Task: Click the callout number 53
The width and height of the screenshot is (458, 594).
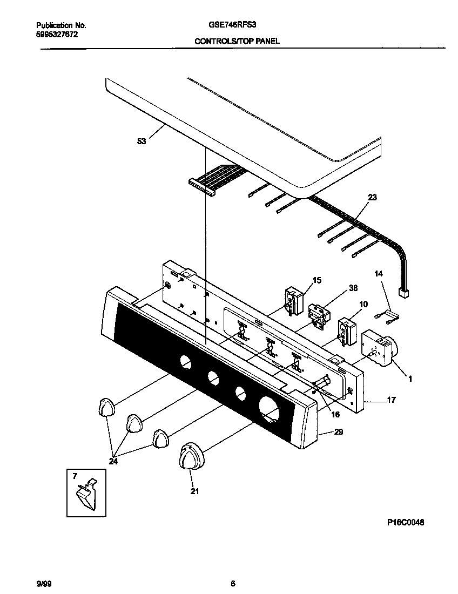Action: pos(141,142)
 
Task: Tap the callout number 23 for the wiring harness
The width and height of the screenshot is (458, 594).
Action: pos(372,198)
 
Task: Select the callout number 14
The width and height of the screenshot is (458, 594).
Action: pos(379,274)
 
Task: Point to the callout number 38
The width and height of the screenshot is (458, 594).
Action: pos(353,288)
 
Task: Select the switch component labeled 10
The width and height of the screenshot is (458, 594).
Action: pos(344,330)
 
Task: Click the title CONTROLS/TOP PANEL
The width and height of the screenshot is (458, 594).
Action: pos(237,41)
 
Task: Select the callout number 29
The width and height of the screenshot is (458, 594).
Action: pos(339,432)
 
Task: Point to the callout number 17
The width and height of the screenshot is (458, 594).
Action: pos(391,400)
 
